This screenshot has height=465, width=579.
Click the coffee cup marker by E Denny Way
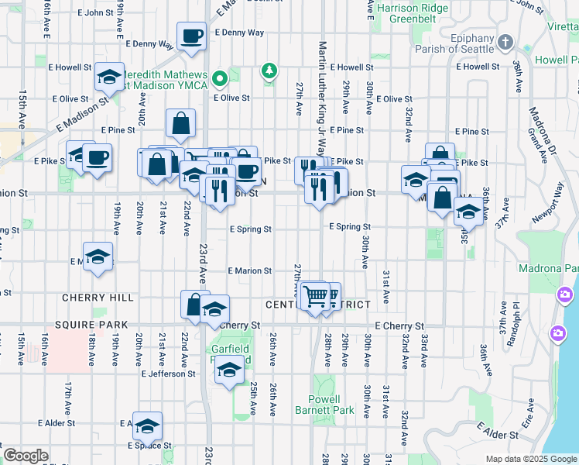pyautogui.click(x=191, y=36)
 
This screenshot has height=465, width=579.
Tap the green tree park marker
pyautogui.click(x=269, y=71)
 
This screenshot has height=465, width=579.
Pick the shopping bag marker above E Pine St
pyautogui.click(x=180, y=122)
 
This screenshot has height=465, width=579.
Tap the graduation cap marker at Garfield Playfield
pyautogui.click(x=229, y=372)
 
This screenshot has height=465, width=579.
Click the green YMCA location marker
pyautogui.click(x=220, y=77)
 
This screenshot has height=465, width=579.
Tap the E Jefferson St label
pyautogui.click(x=168, y=374)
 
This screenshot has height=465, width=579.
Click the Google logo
pyautogui.click(x=26, y=456)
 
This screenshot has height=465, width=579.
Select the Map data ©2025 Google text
pyautogui.click(x=530, y=459)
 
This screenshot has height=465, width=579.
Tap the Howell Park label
pyautogui.click(x=556, y=60)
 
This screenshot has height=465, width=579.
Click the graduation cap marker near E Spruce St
pyautogui.click(x=147, y=425)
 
